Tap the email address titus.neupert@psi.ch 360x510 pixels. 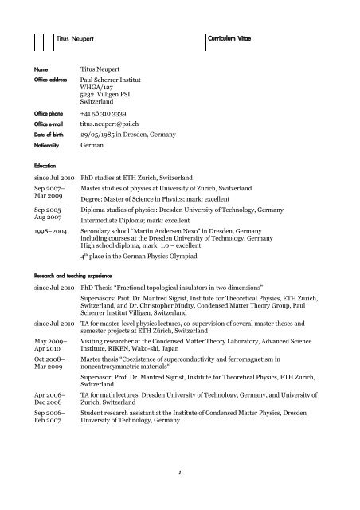click(x=119, y=125)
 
